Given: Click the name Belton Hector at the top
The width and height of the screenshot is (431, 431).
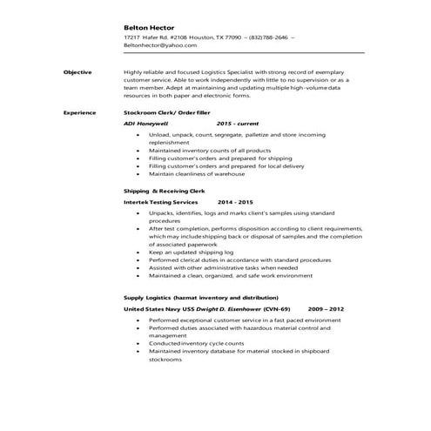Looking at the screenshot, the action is [152, 27].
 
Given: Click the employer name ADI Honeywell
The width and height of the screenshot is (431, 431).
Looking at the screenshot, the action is [149, 125].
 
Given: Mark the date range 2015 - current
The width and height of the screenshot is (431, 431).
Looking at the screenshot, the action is [237, 125].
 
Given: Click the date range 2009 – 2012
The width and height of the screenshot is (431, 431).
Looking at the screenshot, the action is [325, 309].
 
